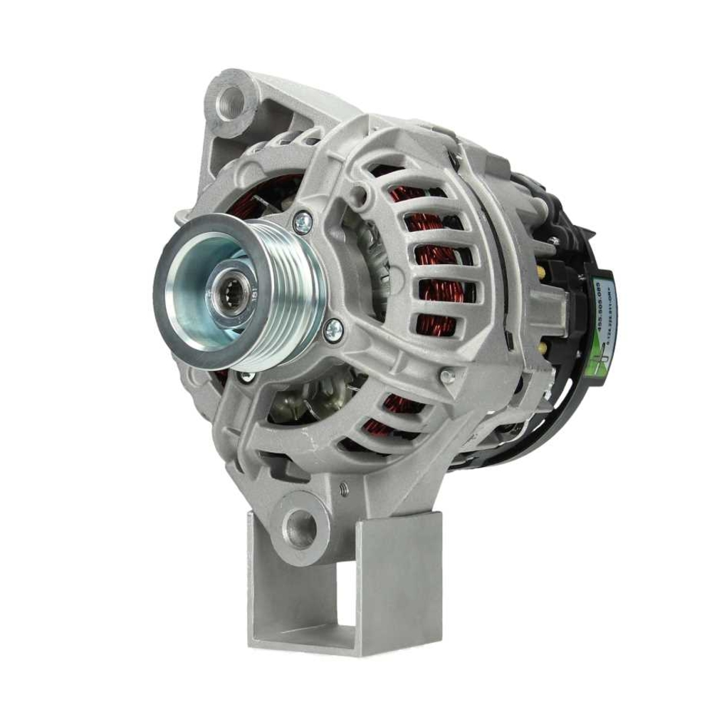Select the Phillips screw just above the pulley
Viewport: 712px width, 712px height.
302,224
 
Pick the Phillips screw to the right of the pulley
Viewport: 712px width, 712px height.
333,329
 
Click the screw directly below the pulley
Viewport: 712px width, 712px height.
247,377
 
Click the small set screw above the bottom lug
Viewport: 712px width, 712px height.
343,489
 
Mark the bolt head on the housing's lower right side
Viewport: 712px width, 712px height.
446,375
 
